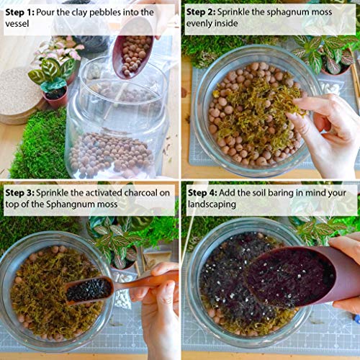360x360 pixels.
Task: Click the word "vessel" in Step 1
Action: click(x=20, y=24)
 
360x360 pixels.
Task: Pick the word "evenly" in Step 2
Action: click(x=203, y=24)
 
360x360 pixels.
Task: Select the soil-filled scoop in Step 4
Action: click(x=292, y=277)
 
